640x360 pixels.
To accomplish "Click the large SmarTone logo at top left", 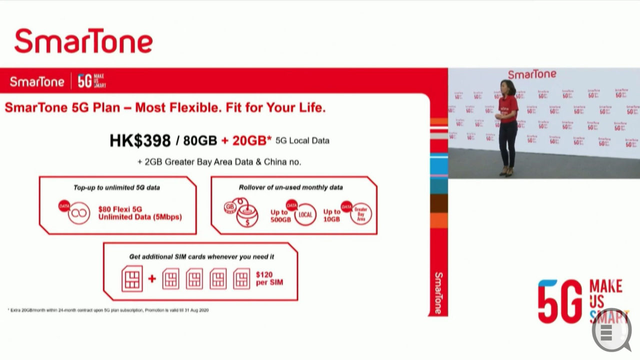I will [x=83, y=41].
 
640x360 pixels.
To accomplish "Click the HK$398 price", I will [x=140, y=141].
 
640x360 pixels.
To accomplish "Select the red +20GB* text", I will [x=245, y=141].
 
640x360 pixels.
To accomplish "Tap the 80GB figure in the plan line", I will [x=200, y=141].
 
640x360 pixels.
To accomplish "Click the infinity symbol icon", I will [x=79, y=213].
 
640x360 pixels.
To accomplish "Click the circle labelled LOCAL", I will [x=305, y=215].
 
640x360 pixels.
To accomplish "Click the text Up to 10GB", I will [x=331, y=215].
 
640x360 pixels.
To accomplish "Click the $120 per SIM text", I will [x=269, y=278].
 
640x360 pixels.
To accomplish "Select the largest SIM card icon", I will [x=132, y=278].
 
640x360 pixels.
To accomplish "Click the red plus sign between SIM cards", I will [x=152, y=278].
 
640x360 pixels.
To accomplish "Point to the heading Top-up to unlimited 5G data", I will [x=116, y=187].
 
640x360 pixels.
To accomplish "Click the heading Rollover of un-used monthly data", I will [x=290, y=187].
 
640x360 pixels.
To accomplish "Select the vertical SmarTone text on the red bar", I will [x=438, y=293].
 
